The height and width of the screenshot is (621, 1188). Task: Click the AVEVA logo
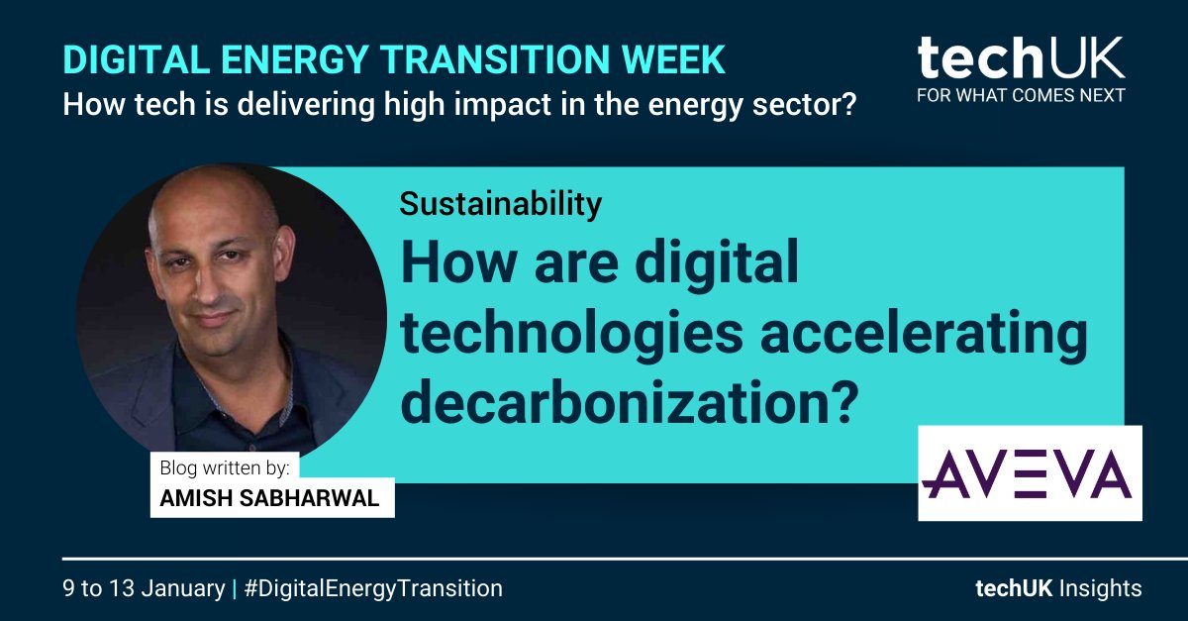(1030, 473)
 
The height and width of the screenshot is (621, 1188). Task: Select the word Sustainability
(501, 204)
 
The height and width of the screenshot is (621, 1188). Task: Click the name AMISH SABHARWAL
(269, 498)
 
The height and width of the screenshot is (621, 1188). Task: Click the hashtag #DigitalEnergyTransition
(373, 588)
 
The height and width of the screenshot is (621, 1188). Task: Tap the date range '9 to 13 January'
(144, 588)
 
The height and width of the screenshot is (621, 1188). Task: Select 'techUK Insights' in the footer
(1057, 588)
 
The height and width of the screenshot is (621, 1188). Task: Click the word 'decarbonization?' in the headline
(628, 401)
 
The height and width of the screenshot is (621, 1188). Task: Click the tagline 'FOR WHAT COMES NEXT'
(1021, 96)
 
